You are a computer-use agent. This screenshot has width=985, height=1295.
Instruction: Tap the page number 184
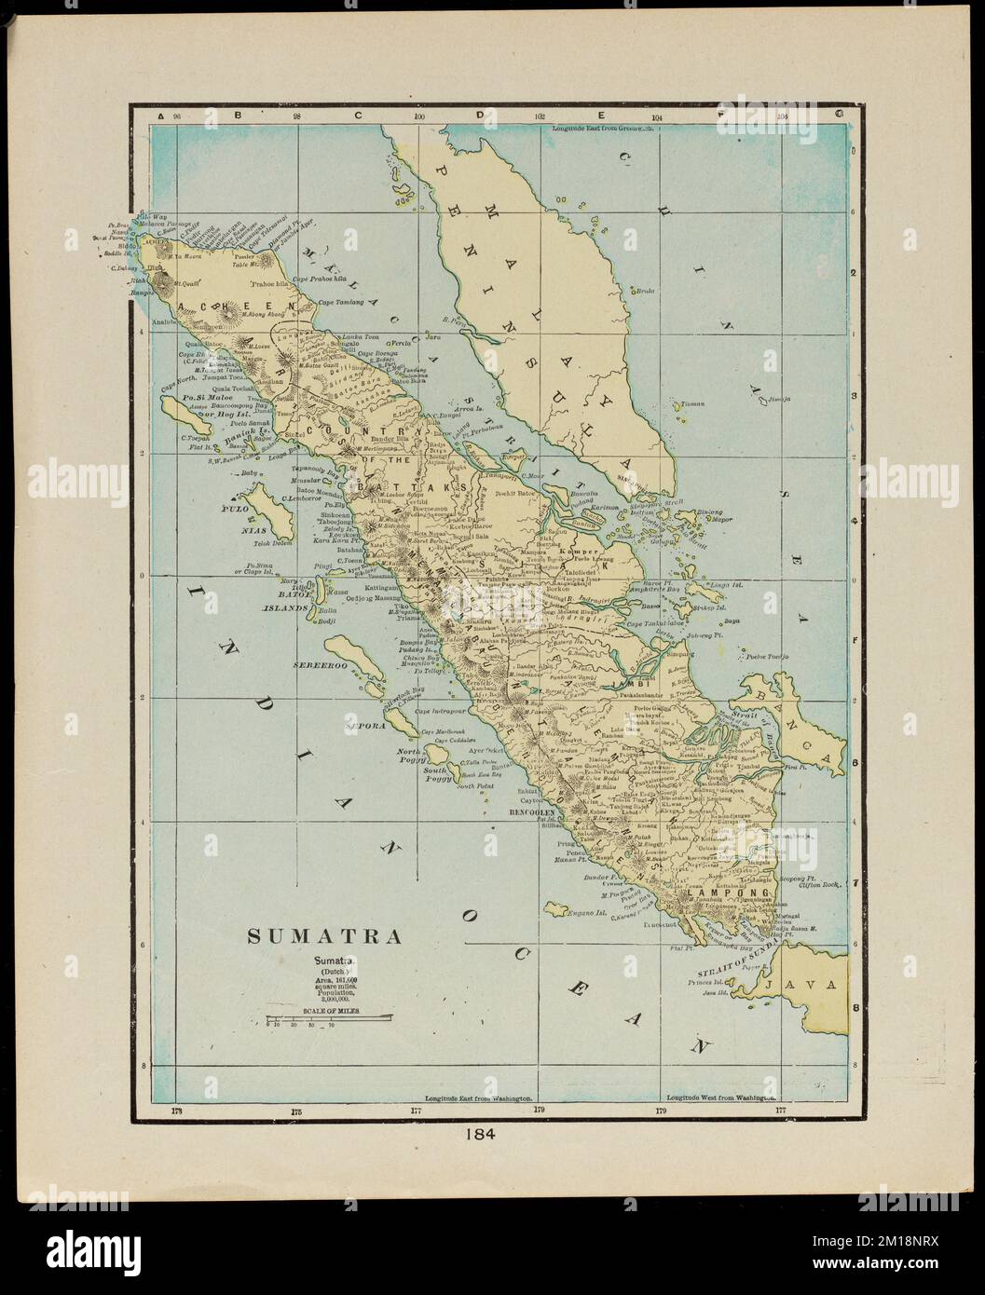pyautogui.click(x=484, y=1135)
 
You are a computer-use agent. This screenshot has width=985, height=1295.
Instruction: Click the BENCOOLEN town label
pyautogui.click(x=532, y=812)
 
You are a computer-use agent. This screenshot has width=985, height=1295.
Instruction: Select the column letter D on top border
pyautogui.click(x=481, y=116)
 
